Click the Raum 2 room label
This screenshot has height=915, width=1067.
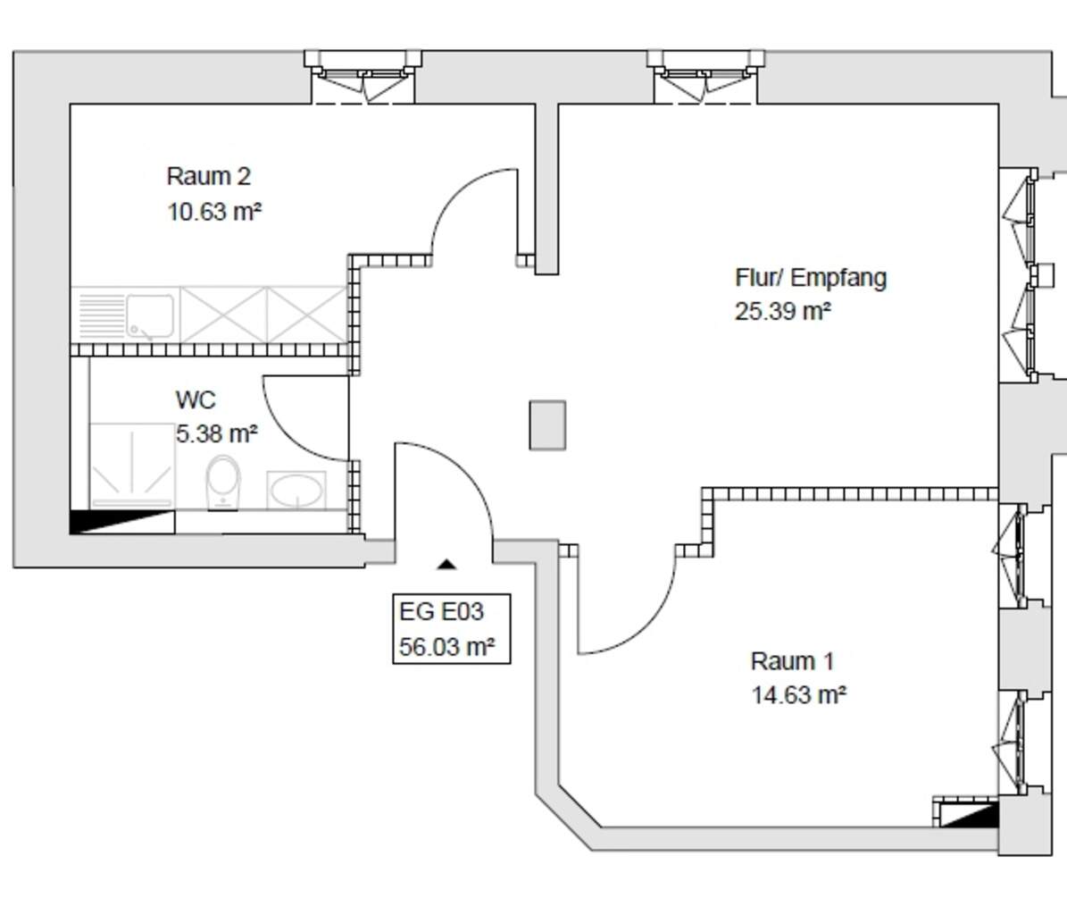(209, 176)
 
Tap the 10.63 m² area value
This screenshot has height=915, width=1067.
(214, 212)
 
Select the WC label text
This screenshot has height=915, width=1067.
(196, 399)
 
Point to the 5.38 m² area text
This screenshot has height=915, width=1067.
(217, 433)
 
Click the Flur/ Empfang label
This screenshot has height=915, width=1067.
(811, 278)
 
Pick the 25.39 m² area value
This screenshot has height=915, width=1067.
(782, 311)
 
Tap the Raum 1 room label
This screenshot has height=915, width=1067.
(792, 661)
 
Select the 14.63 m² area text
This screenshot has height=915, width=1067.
(799, 695)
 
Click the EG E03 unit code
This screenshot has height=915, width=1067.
(442, 611)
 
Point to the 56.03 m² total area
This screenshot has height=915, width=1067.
(447, 646)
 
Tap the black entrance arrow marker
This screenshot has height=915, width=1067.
(446, 564)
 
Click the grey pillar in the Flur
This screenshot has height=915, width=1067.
(548, 425)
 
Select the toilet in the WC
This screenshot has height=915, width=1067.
(223, 483)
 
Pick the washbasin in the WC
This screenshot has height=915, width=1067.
(296, 491)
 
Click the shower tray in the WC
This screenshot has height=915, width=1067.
(132, 466)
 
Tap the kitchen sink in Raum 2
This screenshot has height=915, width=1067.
(150, 316)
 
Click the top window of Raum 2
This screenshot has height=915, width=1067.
(363, 77)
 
